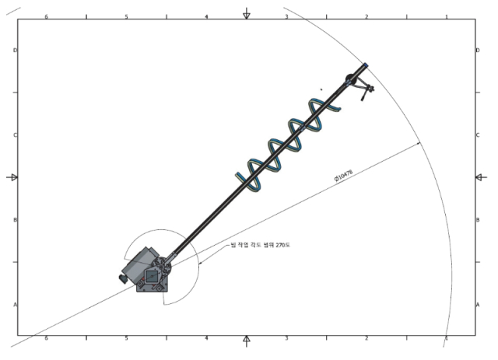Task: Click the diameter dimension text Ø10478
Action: click(343, 177)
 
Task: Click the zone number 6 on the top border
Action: click(46, 16)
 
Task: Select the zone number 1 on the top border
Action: click(446, 16)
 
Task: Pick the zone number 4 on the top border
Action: click(206, 16)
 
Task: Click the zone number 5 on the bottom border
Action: click(126, 339)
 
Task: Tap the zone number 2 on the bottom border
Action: click(366, 339)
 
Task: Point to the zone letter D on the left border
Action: click(15, 51)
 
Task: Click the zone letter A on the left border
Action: click(15, 305)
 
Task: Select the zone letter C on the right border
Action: click(477, 135)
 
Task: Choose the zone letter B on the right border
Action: click(477, 220)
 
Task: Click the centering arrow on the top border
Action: click(247, 14)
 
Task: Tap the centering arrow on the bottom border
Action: click(247, 340)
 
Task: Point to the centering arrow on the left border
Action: click(12, 177)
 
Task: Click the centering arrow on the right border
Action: click(479, 177)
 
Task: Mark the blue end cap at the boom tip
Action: click(365, 66)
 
